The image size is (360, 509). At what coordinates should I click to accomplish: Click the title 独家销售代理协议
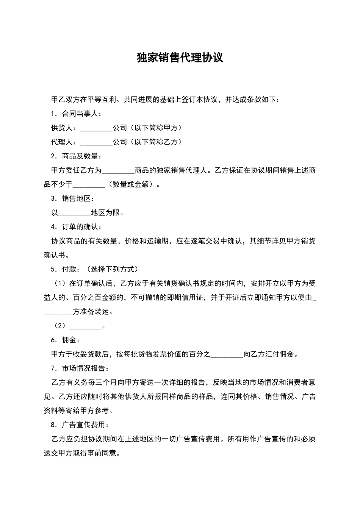[180, 58]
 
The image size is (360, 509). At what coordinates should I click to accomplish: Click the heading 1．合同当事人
[76, 114]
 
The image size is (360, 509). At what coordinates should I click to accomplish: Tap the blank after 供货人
[96, 128]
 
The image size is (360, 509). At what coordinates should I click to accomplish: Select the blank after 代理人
[96, 142]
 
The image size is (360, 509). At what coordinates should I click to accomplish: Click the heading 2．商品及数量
[76, 156]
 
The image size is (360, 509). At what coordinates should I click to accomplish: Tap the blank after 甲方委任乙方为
[118, 170]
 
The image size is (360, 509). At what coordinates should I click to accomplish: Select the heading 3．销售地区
[73, 198]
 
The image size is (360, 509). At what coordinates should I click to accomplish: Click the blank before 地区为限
[75, 213]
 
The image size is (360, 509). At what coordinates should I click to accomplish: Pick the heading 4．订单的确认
[76, 227]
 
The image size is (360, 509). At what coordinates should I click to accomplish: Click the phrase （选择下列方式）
[112, 269]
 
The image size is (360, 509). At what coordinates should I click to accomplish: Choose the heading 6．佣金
[66, 340]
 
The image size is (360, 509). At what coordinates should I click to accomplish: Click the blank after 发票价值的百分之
[226, 354]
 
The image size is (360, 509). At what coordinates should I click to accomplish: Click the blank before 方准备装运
[58, 312]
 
